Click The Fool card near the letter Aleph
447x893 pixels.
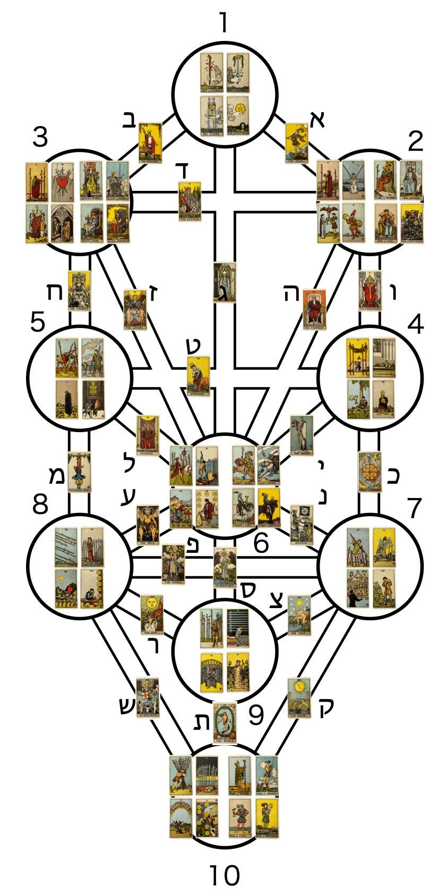point(296,142)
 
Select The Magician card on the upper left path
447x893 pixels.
point(150,142)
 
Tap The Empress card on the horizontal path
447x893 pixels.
point(190,201)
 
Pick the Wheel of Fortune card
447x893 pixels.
point(369,471)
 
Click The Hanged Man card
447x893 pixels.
point(79,471)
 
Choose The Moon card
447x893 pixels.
point(299,697)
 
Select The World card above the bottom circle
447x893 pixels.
point(225,722)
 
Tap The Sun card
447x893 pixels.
point(152,614)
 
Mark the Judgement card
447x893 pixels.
point(148,697)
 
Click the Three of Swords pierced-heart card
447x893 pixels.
point(63,181)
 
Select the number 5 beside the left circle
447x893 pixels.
point(37,322)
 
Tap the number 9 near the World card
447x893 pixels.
point(256,715)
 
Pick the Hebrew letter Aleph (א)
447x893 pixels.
point(316,120)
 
